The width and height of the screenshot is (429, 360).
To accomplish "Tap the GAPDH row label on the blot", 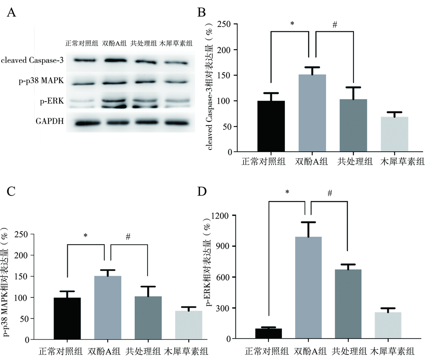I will coord(50,121).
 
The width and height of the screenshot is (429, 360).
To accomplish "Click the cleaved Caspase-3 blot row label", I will coord(32,60).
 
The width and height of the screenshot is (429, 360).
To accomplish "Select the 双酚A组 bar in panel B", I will coord(312,113).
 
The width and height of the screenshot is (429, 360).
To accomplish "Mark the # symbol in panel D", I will coord(329,194).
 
